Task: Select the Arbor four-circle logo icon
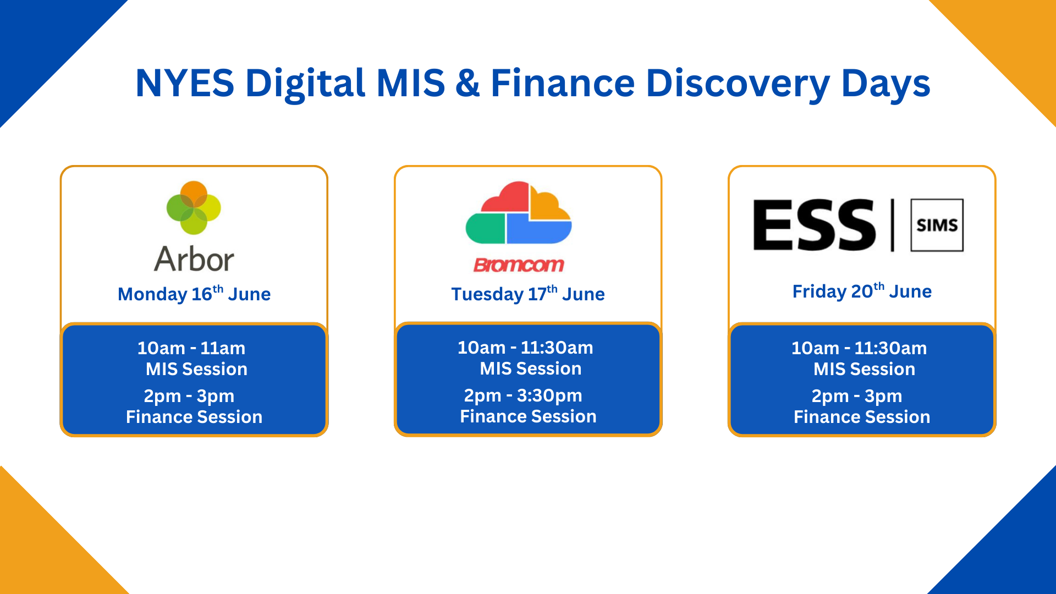[x=194, y=208]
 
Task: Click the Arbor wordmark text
[x=194, y=258]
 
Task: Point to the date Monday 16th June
[x=194, y=294]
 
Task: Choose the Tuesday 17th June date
[x=528, y=294]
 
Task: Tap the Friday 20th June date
[x=862, y=291]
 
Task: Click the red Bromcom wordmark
[x=519, y=265]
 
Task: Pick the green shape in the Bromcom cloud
[x=485, y=228]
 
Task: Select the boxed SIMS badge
[x=937, y=225]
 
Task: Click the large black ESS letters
[x=814, y=225]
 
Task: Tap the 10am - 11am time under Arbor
[x=191, y=348]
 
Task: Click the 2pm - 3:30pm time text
[x=523, y=396]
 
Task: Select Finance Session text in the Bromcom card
[x=528, y=416]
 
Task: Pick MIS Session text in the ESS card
[x=864, y=369]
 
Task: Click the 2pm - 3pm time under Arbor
[x=189, y=397]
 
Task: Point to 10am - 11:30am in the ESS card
[x=859, y=348]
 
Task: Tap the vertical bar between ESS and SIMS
[x=893, y=225]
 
